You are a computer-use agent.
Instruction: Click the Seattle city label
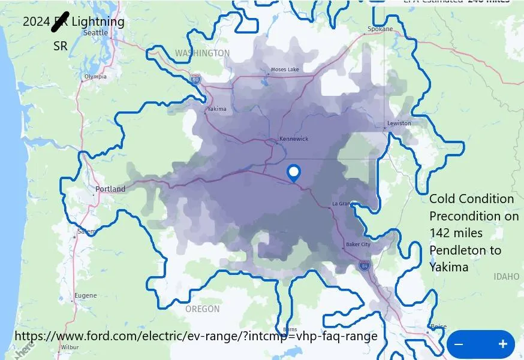tap(95, 33)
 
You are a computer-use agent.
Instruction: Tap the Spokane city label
tap(380, 29)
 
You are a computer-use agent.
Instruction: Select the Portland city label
tap(111, 189)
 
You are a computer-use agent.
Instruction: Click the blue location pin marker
tap(294, 173)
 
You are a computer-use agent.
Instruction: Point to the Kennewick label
tap(294, 139)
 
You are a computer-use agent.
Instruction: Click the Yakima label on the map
tap(216, 109)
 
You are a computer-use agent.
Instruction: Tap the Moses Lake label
tap(285, 69)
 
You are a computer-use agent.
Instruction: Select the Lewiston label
tap(399, 123)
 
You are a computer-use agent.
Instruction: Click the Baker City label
tap(359, 244)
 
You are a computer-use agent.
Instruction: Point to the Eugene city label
tap(85, 295)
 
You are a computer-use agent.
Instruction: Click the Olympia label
tap(95, 77)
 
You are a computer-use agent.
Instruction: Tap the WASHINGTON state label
tap(202, 53)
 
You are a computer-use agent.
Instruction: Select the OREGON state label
tap(202, 309)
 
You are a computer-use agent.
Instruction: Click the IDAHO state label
tap(506, 277)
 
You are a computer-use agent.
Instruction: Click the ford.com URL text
tap(195, 336)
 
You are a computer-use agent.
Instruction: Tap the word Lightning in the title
tap(98, 22)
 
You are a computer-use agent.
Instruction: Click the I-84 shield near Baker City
tap(365, 264)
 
